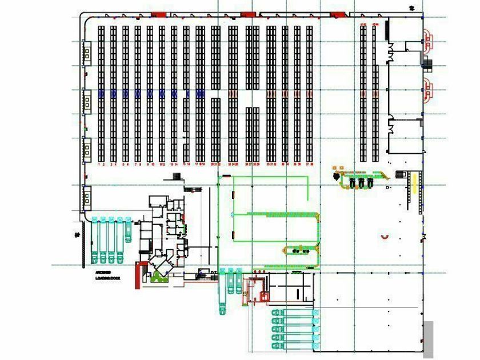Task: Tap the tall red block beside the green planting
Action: pyautogui.click(x=138, y=274)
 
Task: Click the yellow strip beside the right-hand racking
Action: pyautogui.click(x=414, y=184)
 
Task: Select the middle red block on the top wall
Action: pyautogui.click(x=247, y=14)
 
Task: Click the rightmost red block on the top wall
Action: pyautogui.click(x=337, y=14)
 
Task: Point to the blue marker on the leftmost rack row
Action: pyautogui.click(x=101, y=93)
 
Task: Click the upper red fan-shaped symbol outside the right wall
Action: pyautogui.click(x=427, y=38)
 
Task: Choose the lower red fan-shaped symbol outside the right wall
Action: pyautogui.click(x=427, y=91)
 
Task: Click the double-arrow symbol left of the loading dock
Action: pyautogui.click(x=77, y=234)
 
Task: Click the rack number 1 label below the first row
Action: pyautogui.click(x=100, y=164)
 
